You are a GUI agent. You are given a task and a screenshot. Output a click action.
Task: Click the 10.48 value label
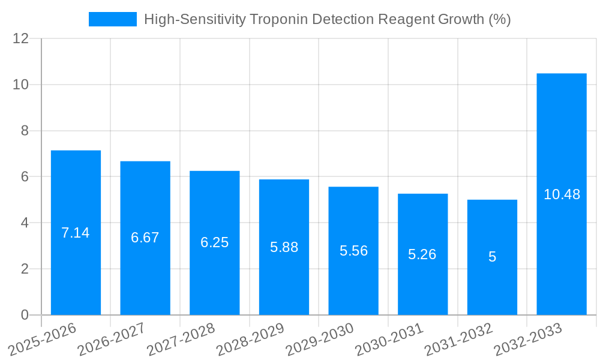click(562, 194)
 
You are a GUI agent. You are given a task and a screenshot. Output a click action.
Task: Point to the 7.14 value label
click(76, 233)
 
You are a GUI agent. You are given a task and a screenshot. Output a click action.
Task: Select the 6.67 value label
click(145, 238)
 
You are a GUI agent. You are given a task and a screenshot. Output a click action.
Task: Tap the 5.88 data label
click(284, 247)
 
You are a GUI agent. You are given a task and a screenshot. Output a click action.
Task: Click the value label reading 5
click(492, 257)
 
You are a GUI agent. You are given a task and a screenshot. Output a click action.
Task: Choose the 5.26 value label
click(422, 254)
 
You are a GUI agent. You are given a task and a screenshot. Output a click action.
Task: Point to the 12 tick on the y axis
click(21, 38)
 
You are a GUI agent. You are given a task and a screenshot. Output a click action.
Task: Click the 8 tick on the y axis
click(25, 131)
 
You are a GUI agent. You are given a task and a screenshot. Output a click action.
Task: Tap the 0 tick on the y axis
click(25, 315)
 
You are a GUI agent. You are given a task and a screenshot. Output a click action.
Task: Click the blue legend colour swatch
click(113, 19)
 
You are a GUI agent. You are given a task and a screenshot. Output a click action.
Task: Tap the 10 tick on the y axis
click(21, 85)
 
